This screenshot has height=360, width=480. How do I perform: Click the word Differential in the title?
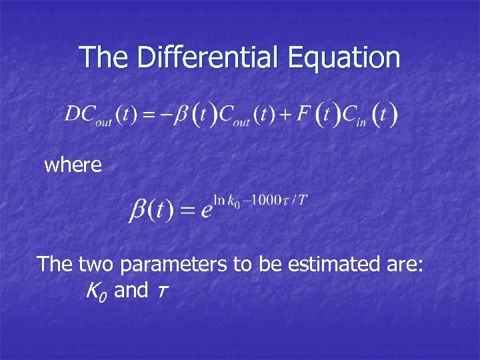(209, 57)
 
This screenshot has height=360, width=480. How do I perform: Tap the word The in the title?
(104, 57)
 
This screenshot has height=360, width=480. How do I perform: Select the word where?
(73, 165)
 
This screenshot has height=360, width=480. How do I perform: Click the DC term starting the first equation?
(79, 114)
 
